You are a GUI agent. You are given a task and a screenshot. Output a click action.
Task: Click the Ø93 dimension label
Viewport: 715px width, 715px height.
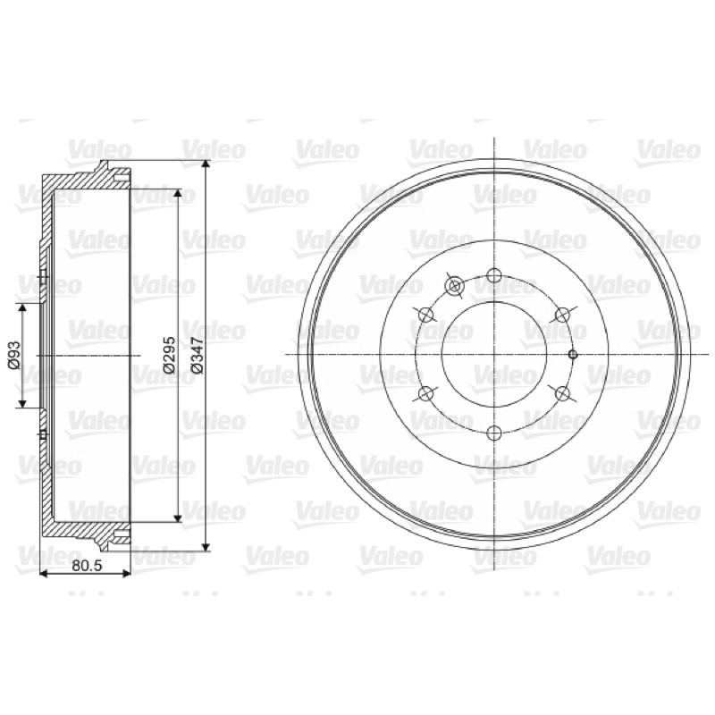point(14,354)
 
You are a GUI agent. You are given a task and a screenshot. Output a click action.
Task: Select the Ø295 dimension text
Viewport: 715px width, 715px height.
point(169,355)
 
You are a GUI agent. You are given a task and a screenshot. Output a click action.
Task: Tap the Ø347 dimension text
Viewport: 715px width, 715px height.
point(197,355)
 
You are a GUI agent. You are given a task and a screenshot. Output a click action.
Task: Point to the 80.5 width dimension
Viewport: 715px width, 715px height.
point(87,566)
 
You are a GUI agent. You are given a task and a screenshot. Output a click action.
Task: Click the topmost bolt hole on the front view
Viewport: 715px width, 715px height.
point(494,275)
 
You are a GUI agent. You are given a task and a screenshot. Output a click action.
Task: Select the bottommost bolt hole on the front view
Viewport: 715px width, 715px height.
point(494,433)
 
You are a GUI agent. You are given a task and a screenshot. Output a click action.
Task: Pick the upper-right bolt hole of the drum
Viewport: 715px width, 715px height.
point(562,315)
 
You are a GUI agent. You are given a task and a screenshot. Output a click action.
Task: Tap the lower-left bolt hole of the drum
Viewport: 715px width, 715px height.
point(425,393)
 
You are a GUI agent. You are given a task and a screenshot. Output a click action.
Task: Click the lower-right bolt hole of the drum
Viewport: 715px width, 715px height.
point(562,393)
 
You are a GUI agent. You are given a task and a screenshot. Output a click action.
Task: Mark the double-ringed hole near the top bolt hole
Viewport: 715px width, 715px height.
point(454,286)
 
